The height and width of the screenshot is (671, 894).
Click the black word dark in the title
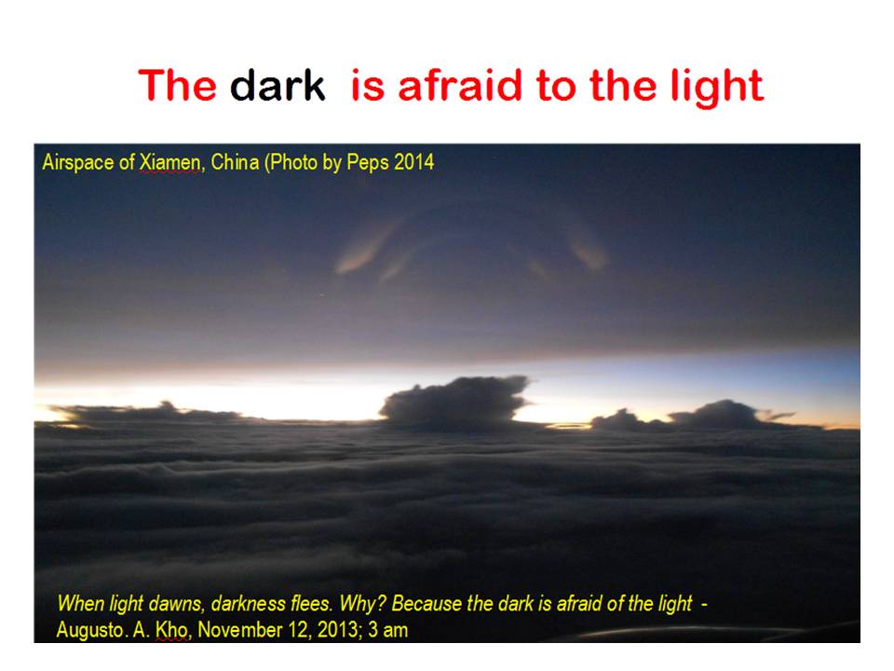(x=278, y=86)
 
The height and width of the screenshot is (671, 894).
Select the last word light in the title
(x=717, y=89)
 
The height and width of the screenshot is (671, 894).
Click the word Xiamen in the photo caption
(x=169, y=162)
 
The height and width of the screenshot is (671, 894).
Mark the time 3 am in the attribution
(x=387, y=630)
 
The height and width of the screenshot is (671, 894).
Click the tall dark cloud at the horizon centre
(x=454, y=403)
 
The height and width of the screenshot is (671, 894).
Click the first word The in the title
(x=177, y=86)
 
